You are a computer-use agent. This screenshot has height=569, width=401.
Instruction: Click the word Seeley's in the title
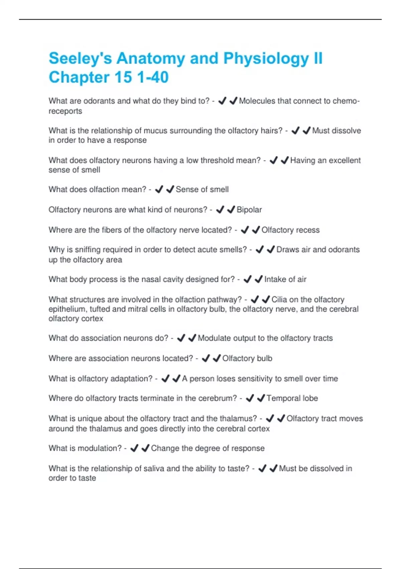pos(80,59)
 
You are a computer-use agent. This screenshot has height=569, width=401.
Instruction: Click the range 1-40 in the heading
pos(153,77)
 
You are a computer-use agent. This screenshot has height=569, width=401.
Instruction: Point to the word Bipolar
pos(249,210)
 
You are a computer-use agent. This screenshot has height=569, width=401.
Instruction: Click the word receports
pos(65,111)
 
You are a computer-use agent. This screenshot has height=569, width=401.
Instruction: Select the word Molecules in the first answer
pos(256,101)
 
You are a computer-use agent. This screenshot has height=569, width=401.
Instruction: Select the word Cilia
pos(279,300)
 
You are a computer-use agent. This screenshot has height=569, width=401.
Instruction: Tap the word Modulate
pos(214,338)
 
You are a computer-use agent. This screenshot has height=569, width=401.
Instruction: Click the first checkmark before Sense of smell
pos(159,189)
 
